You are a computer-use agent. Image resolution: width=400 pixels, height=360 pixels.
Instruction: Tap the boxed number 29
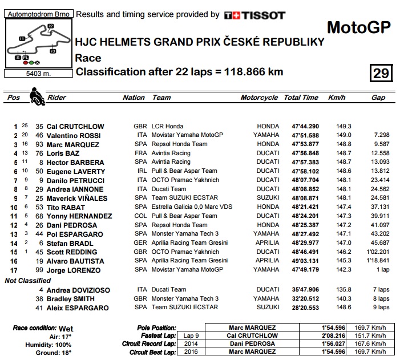380,73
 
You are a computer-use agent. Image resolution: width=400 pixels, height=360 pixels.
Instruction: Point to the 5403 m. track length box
37,73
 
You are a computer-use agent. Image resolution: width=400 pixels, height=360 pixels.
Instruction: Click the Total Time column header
301,98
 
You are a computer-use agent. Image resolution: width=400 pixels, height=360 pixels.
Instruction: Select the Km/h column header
337,98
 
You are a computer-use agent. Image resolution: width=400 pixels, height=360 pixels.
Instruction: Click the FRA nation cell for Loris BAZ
139,153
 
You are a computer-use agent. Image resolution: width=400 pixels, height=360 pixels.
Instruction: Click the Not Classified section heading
27,280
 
